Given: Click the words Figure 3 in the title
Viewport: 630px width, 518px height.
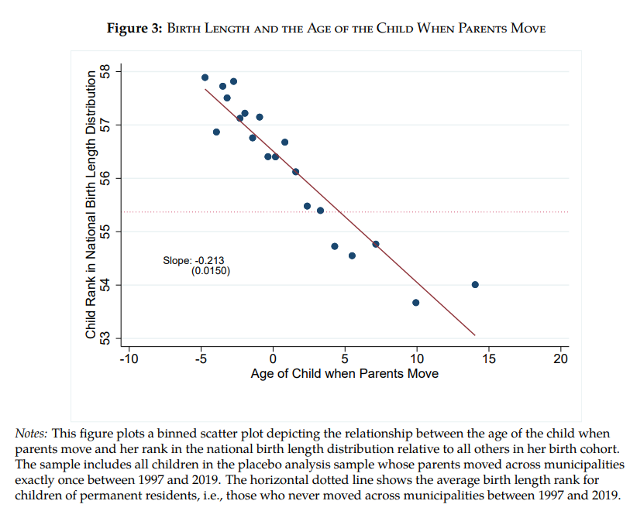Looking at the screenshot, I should [134, 29].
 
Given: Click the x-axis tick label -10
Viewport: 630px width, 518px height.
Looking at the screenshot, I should [128, 358].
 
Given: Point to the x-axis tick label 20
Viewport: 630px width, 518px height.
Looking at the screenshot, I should [561, 358].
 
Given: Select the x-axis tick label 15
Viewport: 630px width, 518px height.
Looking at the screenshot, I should [489, 358].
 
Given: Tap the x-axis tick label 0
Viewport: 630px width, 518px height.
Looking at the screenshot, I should [273, 358].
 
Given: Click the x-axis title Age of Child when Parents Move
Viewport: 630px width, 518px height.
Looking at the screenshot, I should [344, 374].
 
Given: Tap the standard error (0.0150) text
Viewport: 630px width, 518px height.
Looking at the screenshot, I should [211, 271].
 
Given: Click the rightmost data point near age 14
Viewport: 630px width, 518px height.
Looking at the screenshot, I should [475, 284].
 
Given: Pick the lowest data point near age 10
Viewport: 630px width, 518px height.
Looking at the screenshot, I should [416, 302].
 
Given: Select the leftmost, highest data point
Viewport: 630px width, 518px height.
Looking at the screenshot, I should [205, 77].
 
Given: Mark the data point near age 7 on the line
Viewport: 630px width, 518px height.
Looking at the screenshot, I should [376, 244].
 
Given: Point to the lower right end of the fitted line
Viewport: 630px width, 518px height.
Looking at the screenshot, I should [475, 335].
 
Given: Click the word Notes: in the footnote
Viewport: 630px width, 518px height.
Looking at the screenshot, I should [32, 433].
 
